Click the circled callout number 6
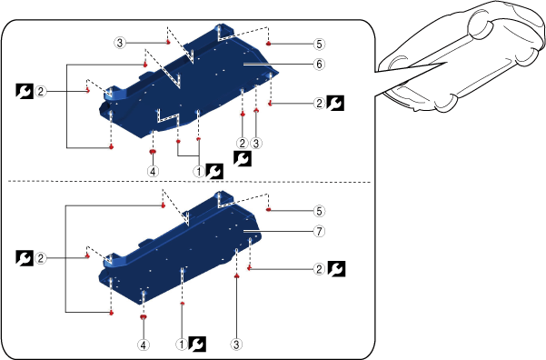[319, 65]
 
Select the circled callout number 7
[319, 231]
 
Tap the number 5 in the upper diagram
[319, 44]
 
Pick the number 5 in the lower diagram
[319, 211]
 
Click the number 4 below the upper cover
[153, 171]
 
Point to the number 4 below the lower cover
[144, 345]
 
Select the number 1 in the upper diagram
[199, 171]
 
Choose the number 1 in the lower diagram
[182, 345]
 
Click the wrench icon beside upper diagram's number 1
[214, 172]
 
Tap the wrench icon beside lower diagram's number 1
[197, 345]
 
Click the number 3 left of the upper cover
[120, 43]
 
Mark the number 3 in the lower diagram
[236, 345]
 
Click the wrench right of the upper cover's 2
[335, 103]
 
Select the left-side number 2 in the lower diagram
[41, 258]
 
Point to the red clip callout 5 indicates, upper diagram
[269, 44]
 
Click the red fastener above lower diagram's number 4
[144, 316]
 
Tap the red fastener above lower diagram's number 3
[236, 275]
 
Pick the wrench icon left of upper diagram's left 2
[25, 91]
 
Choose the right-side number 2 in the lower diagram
[319, 269]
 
